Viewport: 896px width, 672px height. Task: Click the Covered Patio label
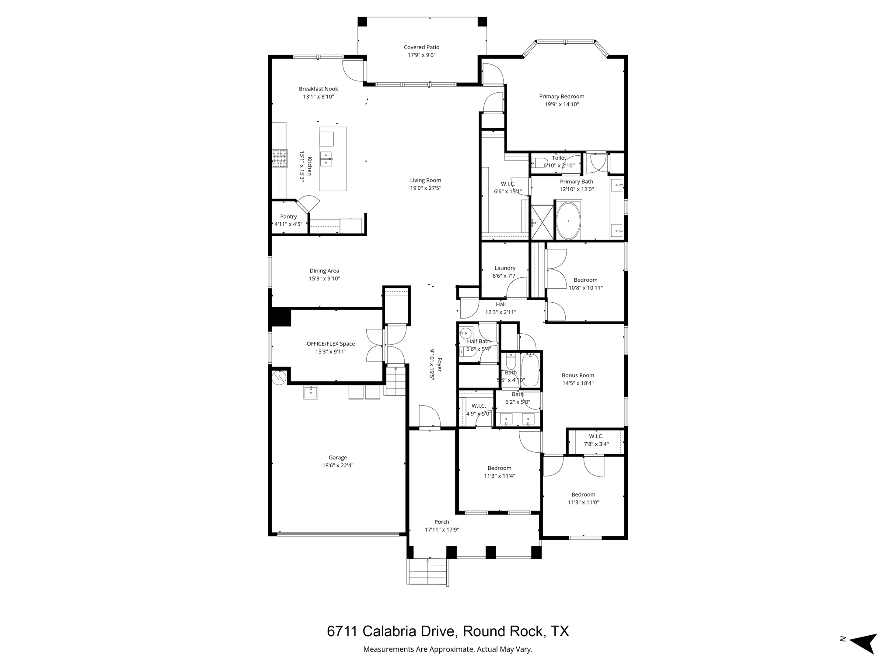click(x=421, y=47)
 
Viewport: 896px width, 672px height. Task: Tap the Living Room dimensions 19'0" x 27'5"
click(x=425, y=188)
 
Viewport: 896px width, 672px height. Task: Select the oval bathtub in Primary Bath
click(x=568, y=220)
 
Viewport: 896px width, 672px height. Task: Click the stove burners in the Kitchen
click(x=280, y=158)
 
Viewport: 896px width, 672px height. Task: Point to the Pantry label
click(x=288, y=217)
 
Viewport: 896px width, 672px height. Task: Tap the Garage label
click(x=338, y=458)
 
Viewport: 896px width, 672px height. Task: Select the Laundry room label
click(x=505, y=268)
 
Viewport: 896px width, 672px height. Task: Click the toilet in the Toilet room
click(x=539, y=163)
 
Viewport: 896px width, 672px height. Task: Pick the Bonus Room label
click(x=577, y=375)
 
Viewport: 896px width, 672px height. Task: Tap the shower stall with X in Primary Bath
click(x=542, y=223)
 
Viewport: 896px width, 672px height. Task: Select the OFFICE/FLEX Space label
click(x=330, y=344)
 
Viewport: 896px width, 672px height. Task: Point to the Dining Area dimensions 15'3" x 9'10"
click(x=324, y=279)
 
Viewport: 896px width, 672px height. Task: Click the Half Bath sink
click(x=466, y=333)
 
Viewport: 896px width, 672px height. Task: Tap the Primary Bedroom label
click(x=561, y=97)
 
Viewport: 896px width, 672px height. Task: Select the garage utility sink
click(x=311, y=392)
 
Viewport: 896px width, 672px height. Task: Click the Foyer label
click(x=439, y=365)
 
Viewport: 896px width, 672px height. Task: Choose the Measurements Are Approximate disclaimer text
click(x=448, y=649)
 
